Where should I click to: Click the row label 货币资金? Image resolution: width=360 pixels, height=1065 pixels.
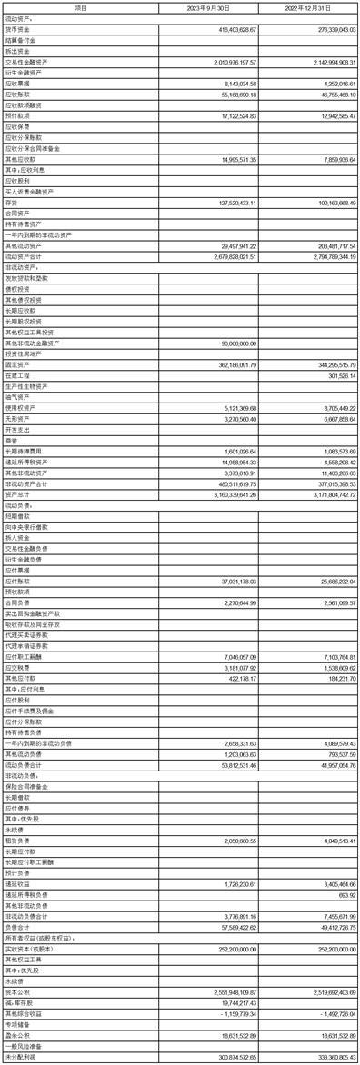[18, 30]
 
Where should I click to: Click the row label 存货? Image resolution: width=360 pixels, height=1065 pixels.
[14, 204]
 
